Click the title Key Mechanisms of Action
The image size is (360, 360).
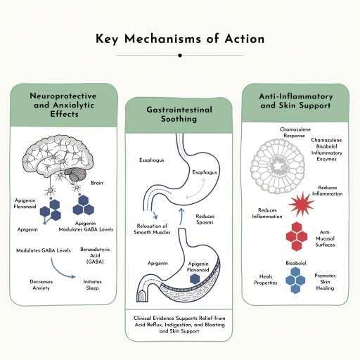tap(180, 39)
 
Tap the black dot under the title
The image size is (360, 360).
tap(180, 56)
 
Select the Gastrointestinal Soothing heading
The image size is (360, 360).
tap(179, 114)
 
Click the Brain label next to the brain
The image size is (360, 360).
tap(97, 183)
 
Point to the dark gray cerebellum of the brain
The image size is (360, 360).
tap(77, 175)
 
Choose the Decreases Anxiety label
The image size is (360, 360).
tap(41, 285)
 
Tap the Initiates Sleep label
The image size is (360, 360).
tap(92, 285)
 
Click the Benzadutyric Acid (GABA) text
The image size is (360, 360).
tap(95, 255)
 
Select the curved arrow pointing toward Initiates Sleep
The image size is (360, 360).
tap(59, 271)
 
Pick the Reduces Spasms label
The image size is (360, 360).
tap(205, 219)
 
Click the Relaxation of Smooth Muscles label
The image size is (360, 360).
tap(152, 229)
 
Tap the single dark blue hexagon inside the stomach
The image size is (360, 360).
tap(195, 279)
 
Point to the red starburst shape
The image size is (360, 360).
tap(302, 204)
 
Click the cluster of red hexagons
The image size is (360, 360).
tap(297, 236)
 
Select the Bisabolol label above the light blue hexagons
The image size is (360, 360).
tap(296, 263)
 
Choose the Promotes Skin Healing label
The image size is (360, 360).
tap(325, 282)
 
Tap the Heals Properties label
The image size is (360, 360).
tap(266, 279)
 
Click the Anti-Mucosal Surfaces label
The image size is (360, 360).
tap(325, 238)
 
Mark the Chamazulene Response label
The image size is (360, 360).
tap(295, 132)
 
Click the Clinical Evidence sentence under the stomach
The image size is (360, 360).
tap(179, 324)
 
